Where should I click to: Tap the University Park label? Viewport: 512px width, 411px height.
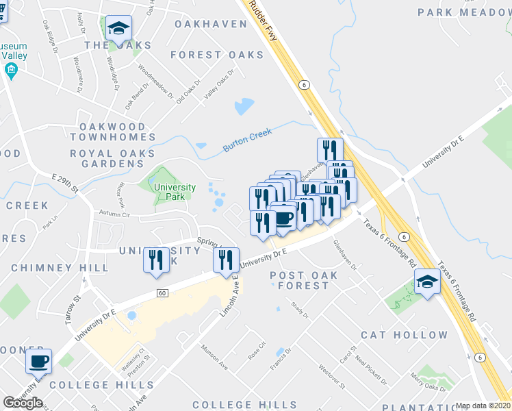pos(175,192)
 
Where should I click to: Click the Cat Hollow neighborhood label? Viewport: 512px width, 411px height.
pos(404,335)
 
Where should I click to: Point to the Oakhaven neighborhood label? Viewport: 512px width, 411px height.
pos(210,24)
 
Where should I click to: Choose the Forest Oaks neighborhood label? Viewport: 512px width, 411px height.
pos(217,55)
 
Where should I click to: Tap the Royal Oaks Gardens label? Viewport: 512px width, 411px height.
pos(112,159)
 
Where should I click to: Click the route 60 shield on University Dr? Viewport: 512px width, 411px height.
pos(162,293)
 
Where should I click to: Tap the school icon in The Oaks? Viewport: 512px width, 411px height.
pos(119,29)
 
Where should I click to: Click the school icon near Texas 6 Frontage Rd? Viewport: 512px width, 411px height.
pos(427,282)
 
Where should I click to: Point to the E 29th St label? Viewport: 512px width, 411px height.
pos(65,181)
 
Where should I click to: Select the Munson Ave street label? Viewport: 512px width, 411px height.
pos(214,357)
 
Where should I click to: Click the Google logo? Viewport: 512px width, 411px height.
pos(23,403)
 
